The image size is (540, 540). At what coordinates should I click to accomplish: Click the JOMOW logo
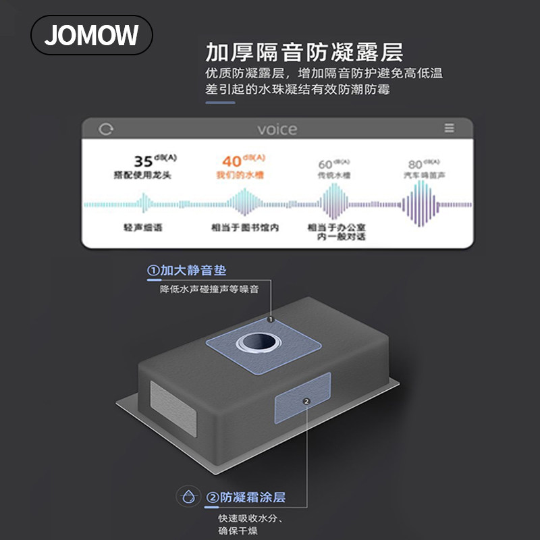(x=92, y=35)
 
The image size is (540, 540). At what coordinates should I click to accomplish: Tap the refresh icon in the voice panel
(x=106, y=129)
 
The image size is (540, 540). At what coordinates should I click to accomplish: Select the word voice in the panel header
(x=277, y=129)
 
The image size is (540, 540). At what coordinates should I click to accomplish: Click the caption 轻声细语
(x=143, y=227)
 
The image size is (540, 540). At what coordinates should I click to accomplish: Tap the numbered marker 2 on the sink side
(x=306, y=401)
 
